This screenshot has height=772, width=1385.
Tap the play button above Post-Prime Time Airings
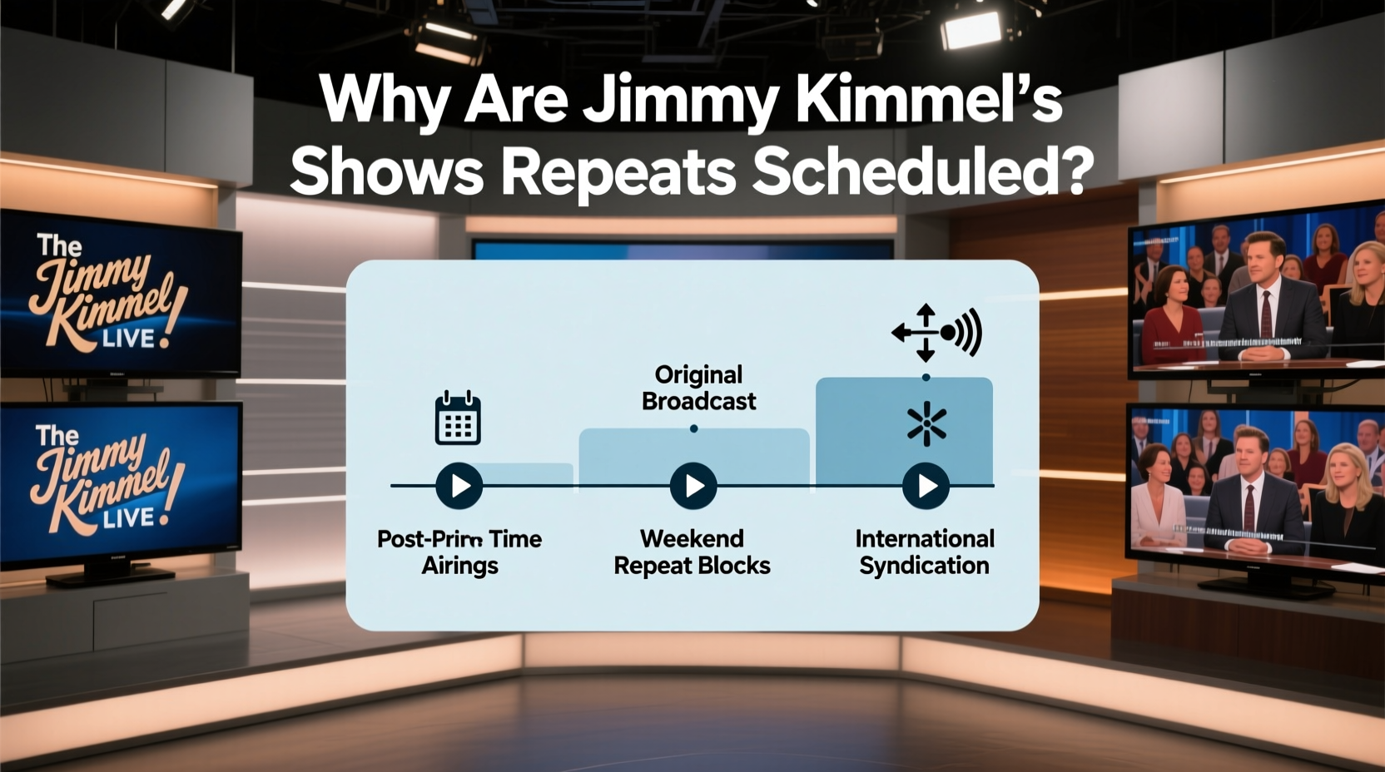tap(459, 486)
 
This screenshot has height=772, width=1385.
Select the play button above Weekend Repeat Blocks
tap(693, 486)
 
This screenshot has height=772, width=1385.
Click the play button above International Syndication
tap(926, 486)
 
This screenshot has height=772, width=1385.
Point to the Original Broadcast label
tap(698, 388)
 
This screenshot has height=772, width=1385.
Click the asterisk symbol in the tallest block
tap(926, 425)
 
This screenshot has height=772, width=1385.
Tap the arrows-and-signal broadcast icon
tap(936, 333)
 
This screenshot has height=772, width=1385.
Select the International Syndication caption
tap(925, 552)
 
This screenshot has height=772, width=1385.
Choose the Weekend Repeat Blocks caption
tap(692, 552)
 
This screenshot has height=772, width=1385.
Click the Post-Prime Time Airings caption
tap(459, 552)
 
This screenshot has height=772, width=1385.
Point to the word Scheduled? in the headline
tap(922, 171)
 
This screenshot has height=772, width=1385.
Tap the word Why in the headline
tap(384, 100)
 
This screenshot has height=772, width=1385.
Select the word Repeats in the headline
tap(618, 171)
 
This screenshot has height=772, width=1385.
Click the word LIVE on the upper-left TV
tap(128, 339)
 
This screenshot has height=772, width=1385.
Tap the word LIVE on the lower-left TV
tap(128, 518)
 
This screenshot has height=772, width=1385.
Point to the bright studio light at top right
tap(970, 30)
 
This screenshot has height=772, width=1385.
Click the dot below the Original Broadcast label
tap(693, 429)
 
